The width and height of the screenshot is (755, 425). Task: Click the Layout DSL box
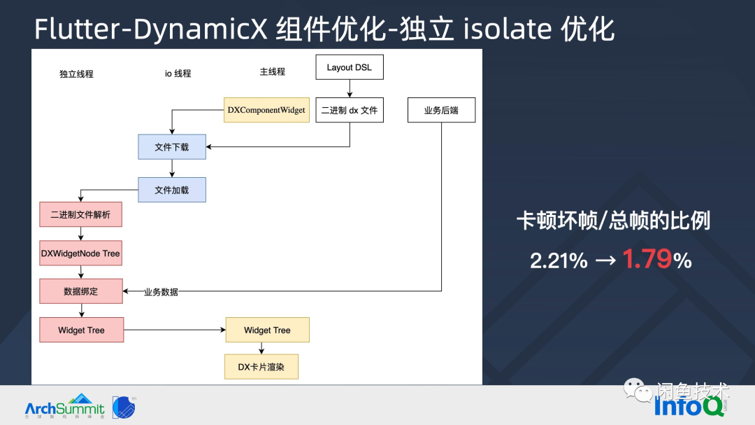click(350, 68)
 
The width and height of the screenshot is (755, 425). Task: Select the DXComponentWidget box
click(266, 110)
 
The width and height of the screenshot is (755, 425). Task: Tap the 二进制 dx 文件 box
click(350, 110)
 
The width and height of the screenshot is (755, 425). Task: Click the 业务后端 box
click(441, 110)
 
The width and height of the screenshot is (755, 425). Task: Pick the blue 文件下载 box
click(172, 147)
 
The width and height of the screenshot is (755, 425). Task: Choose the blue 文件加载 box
click(172, 190)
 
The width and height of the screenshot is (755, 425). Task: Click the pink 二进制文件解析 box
click(80, 214)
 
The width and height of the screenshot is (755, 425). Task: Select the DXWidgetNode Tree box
click(80, 253)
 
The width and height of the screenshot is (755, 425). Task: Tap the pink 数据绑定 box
click(80, 291)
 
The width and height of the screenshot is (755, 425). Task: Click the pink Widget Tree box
click(81, 330)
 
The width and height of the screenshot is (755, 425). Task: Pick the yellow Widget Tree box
click(267, 330)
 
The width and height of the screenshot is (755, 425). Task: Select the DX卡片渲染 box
click(261, 366)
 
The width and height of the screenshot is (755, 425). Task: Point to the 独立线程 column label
click(76, 74)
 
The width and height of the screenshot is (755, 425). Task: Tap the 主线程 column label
click(272, 71)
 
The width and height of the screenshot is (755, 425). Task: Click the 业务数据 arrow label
click(161, 292)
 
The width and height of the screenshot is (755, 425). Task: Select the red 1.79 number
click(647, 260)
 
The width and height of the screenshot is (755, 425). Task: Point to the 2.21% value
click(559, 260)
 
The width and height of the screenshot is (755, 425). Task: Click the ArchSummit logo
click(64, 406)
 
